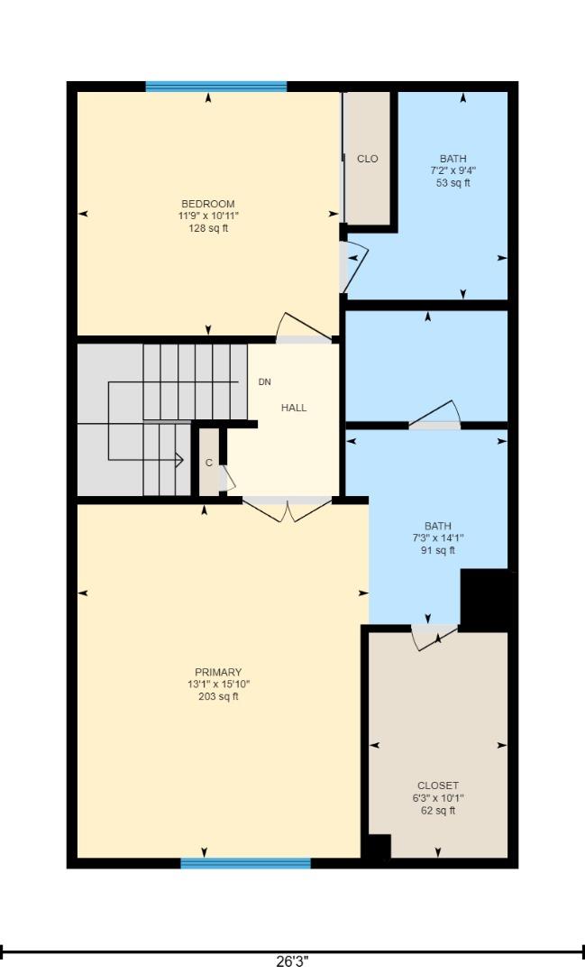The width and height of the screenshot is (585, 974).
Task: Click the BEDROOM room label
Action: click(208, 204)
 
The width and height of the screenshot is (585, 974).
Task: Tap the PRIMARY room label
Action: click(218, 672)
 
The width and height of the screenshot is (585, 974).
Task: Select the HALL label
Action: click(294, 408)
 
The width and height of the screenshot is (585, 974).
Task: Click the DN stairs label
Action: click(264, 382)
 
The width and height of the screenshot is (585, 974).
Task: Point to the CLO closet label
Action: click(368, 159)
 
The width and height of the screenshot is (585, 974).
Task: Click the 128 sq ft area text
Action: click(208, 228)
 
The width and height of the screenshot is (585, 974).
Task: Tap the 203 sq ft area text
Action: click(218, 696)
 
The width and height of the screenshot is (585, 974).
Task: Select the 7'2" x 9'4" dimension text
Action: click(453, 170)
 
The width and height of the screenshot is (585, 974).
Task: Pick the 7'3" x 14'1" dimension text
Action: click(438, 538)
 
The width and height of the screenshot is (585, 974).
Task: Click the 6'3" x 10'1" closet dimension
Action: click(438, 798)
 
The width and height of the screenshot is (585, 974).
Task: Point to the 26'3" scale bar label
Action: click(291, 962)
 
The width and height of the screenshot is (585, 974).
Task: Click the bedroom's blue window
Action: click(216, 87)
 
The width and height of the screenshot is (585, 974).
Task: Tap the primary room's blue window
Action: click(245, 863)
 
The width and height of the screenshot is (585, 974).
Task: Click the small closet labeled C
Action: click(208, 463)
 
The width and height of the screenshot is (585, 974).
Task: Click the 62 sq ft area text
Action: click(438, 811)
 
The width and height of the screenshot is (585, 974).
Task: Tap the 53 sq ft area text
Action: click(453, 183)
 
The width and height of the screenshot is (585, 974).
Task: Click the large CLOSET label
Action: click(438, 786)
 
